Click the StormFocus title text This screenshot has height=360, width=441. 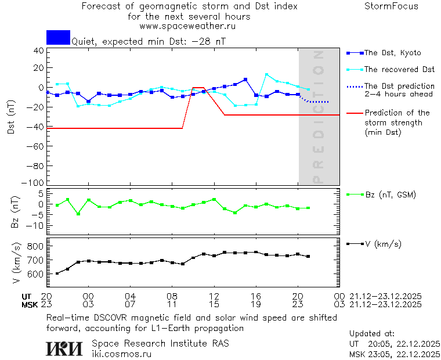click(391, 6)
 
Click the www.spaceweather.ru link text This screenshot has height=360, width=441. click(187, 26)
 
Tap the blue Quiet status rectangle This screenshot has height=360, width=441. click(58, 37)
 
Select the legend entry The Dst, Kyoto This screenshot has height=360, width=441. click(392, 53)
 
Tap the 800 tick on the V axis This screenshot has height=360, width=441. click(36, 246)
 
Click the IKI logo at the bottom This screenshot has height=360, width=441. click(65, 348)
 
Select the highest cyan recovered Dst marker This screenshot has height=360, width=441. click(266, 74)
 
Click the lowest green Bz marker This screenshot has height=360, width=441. click(78, 214)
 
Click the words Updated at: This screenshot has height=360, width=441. click(371, 334)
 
